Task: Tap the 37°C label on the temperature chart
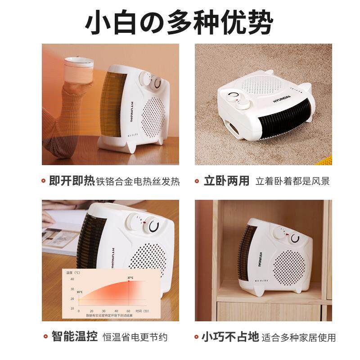(x=130, y=278)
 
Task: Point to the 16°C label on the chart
(x=80, y=292)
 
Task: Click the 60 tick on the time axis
(x=129, y=311)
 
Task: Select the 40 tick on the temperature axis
(x=72, y=280)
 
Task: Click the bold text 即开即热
(x=72, y=181)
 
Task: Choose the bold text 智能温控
(x=74, y=337)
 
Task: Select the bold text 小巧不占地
(x=230, y=337)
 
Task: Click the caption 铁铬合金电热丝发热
(x=138, y=182)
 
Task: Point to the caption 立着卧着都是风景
(x=292, y=182)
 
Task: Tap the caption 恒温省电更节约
(x=135, y=337)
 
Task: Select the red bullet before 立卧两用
(x=197, y=181)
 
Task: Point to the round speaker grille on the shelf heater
(x=289, y=268)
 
